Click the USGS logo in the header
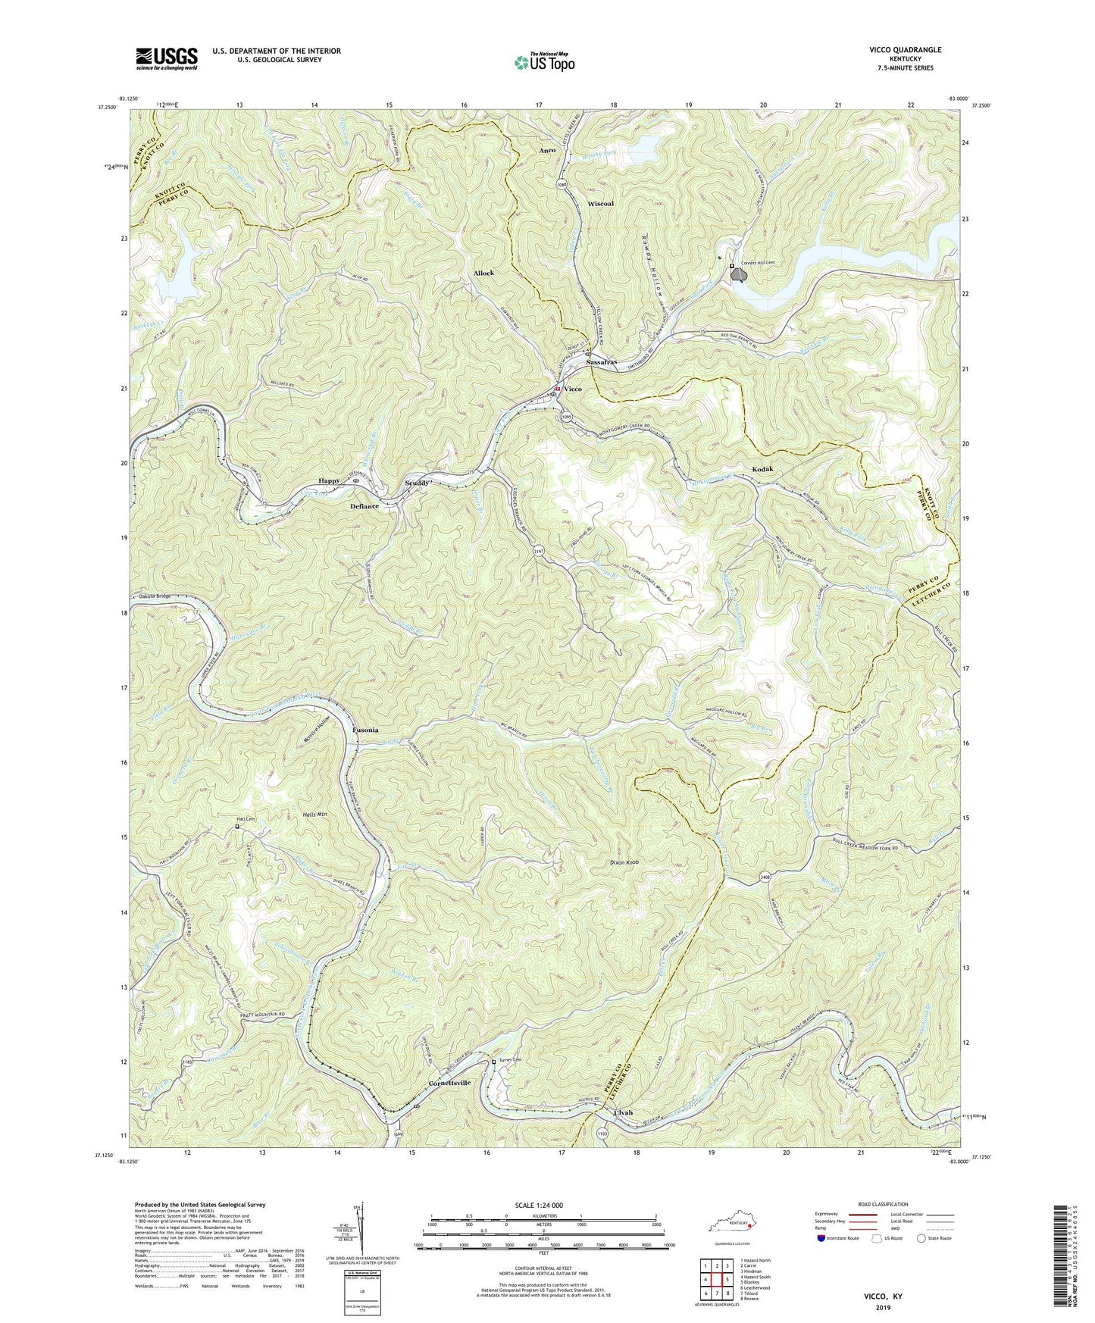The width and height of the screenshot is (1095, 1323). click(167, 58)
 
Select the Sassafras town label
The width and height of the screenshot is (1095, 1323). click(602, 363)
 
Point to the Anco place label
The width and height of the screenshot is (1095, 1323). click(547, 150)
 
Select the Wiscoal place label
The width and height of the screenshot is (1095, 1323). click(601, 204)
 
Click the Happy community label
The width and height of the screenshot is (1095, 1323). click(329, 480)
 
